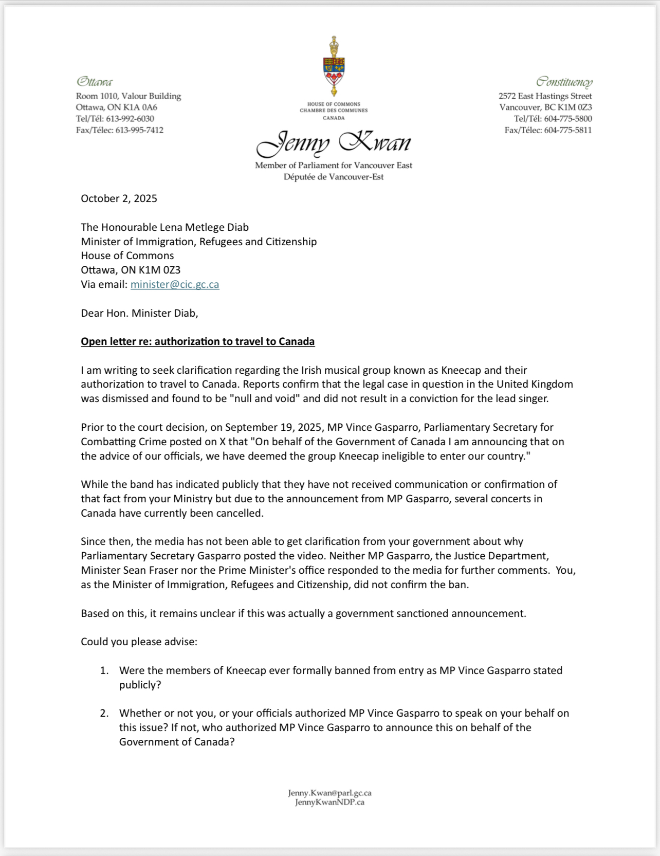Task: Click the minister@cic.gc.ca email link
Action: (175, 284)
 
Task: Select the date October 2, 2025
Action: (119, 198)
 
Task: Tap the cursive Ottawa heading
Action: (95, 82)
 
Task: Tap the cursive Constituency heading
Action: (564, 82)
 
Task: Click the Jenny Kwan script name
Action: (334, 143)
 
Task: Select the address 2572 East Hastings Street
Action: (545, 96)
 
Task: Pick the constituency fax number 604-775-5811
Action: (567, 130)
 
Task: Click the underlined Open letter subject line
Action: (197, 341)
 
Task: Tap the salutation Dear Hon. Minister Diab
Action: (139, 313)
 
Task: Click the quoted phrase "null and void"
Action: (267, 398)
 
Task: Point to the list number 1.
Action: (104, 670)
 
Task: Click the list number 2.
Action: (104, 713)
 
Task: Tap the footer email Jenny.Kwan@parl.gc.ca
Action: (329, 793)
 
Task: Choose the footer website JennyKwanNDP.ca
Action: (329, 802)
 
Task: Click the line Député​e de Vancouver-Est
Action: (334, 177)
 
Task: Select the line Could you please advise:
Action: (139, 642)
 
